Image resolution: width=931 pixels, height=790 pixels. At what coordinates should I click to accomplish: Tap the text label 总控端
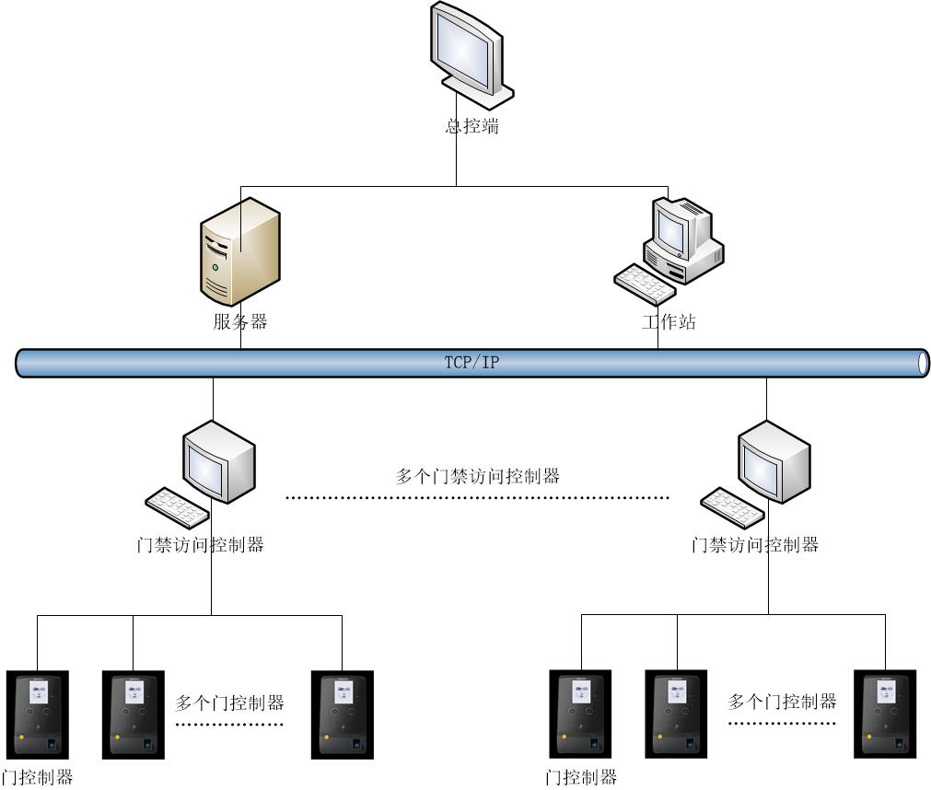point(472,127)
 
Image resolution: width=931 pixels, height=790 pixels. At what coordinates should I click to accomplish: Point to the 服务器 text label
point(240,321)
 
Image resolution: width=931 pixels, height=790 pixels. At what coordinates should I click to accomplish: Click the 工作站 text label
point(669,321)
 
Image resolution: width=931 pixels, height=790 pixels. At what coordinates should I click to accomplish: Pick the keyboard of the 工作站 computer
point(644,284)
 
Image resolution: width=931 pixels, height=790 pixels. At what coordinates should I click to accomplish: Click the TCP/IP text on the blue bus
point(472,363)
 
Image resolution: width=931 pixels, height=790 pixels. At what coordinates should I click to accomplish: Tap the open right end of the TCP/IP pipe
point(924,363)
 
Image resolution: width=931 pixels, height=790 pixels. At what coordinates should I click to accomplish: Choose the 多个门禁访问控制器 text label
point(478,476)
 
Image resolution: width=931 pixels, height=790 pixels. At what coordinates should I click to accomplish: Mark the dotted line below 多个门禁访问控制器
point(478,498)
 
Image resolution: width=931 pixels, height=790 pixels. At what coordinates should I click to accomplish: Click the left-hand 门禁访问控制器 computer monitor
point(217,460)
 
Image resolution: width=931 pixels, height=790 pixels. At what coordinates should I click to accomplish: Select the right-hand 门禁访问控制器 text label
point(755,545)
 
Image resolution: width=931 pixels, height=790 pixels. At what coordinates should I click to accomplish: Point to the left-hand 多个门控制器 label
point(230,703)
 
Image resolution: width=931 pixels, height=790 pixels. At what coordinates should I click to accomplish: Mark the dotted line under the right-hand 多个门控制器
point(783,724)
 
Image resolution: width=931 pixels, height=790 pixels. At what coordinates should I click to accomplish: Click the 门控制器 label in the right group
point(581,777)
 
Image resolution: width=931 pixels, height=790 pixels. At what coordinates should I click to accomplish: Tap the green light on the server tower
point(215,268)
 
